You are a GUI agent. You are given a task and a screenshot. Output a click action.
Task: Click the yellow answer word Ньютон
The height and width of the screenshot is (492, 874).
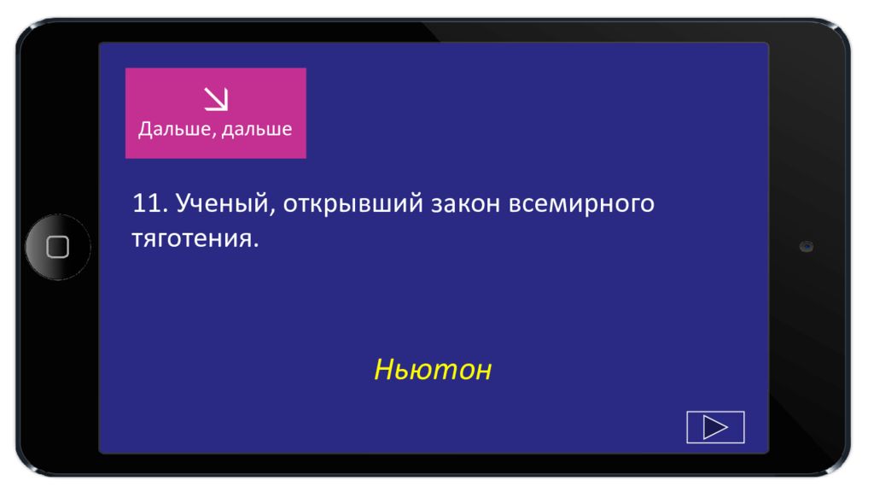(433, 369)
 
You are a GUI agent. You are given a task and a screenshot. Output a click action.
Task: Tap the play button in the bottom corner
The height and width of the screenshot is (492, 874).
(715, 427)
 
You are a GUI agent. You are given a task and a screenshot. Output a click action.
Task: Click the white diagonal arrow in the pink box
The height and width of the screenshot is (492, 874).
(216, 99)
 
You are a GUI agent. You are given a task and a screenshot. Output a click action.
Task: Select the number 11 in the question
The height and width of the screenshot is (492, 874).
(147, 203)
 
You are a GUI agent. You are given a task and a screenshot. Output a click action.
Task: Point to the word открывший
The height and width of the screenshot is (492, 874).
(353, 204)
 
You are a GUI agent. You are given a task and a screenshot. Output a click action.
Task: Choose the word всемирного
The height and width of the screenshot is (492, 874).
(581, 204)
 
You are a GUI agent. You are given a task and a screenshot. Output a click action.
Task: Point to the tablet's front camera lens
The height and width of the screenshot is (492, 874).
(806, 247)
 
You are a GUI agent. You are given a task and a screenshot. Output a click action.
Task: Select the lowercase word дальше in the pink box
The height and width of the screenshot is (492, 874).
(257, 129)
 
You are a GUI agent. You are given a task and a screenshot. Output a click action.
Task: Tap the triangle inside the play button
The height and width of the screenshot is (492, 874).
(714, 427)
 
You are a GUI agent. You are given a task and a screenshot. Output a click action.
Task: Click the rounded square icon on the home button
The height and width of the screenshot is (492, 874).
(58, 247)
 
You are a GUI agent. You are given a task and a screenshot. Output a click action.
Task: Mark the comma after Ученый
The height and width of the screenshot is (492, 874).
(272, 212)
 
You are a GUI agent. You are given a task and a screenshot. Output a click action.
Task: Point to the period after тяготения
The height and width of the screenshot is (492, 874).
(256, 245)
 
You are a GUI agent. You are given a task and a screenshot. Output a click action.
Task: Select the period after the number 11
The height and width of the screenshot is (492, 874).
(166, 211)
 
